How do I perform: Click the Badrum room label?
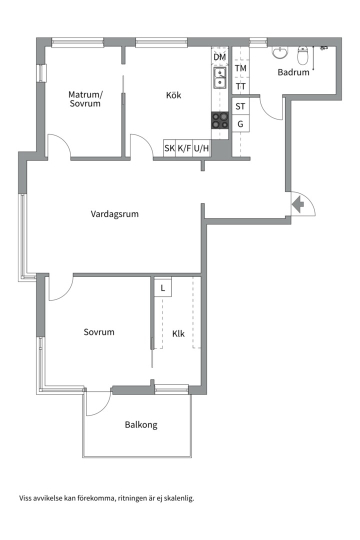(293, 72)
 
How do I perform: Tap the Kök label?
(173, 95)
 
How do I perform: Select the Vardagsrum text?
(114, 214)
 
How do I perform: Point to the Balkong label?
(141, 425)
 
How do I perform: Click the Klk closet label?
(178, 333)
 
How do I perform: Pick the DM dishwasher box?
(220, 57)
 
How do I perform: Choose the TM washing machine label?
(240, 68)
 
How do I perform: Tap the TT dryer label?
(240, 86)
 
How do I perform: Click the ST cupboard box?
(240, 106)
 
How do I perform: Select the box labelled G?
(240, 124)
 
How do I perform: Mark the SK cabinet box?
(169, 148)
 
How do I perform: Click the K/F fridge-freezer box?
(184, 148)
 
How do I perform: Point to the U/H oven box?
(201, 148)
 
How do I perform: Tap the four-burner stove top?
(220, 120)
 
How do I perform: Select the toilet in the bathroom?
(302, 56)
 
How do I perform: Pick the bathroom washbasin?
(279, 53)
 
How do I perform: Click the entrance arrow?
(298, 204)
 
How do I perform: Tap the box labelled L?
(162, 288)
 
